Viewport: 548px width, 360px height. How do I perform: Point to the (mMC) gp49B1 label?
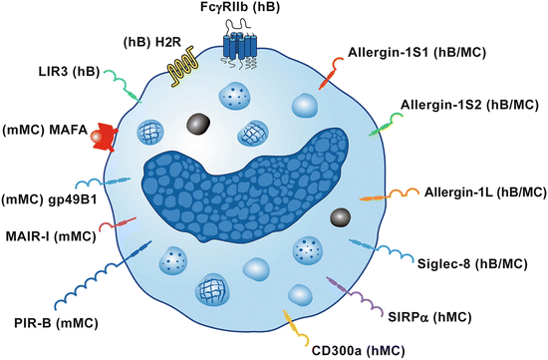45,194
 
